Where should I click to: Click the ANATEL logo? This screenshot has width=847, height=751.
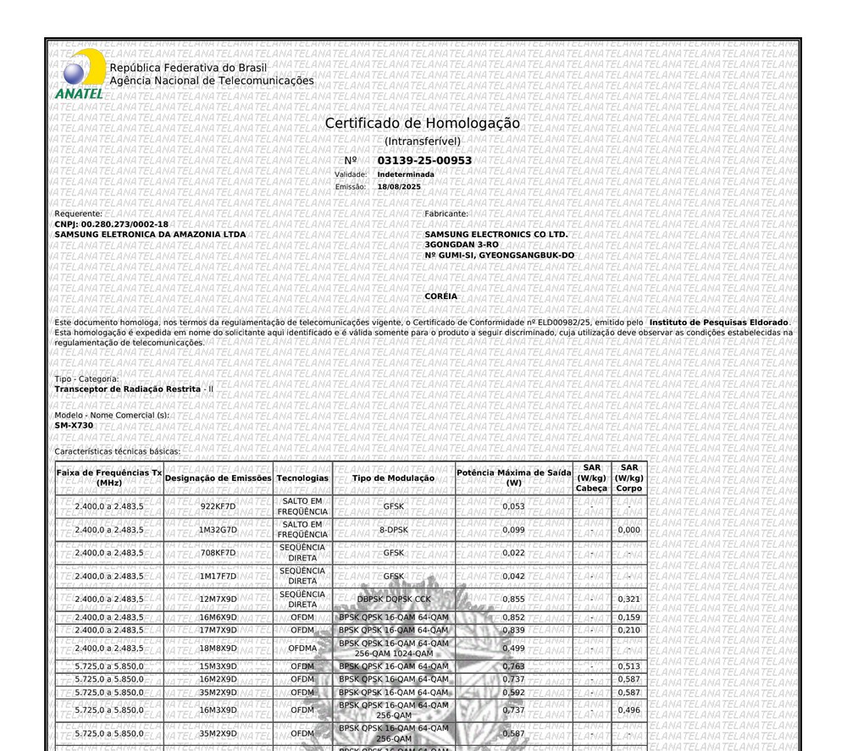[80, 75]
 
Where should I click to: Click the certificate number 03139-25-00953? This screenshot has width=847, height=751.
[424, 160]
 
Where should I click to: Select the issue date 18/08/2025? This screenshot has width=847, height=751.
[399, 186]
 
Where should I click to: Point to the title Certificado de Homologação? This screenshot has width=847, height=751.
[423, 124]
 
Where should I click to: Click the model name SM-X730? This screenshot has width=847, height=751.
[75, 425]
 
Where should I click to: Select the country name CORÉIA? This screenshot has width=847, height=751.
[440, 296]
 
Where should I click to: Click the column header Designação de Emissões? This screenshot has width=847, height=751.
[219, 478]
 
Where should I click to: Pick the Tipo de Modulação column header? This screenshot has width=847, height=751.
[394, 478]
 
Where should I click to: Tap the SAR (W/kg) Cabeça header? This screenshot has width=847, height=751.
[591, 478]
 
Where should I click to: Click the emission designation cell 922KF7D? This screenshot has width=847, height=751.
[218, 506]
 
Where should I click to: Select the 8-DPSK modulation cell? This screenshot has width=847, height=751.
[394, 530]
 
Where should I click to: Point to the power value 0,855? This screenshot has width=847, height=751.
[513, 599]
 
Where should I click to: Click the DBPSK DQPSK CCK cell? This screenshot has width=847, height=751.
[394, 599]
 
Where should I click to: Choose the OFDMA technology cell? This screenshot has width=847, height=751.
[302, 649]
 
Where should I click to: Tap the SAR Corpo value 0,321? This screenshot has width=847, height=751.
[628, 599]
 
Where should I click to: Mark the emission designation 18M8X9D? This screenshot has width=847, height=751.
[218, 649]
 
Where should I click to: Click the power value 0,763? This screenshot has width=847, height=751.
[513, 666]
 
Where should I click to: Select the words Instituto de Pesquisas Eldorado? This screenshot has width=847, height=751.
[718, 323]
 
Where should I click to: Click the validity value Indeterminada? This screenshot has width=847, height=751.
[406, 174]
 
